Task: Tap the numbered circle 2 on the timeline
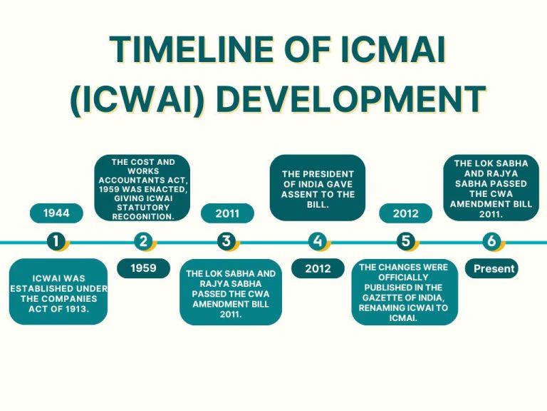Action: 143,242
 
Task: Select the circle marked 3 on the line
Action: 226,242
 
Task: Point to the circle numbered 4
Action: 317,242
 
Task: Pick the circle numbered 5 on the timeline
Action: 405,242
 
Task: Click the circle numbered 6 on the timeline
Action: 491,242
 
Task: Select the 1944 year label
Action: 56,213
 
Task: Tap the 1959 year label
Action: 143,268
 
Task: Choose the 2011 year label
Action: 226,213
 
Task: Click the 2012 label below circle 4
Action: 318,268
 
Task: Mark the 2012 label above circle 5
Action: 405,213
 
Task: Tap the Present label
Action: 491,268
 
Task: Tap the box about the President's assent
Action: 318,188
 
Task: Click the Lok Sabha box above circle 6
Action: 491,188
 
